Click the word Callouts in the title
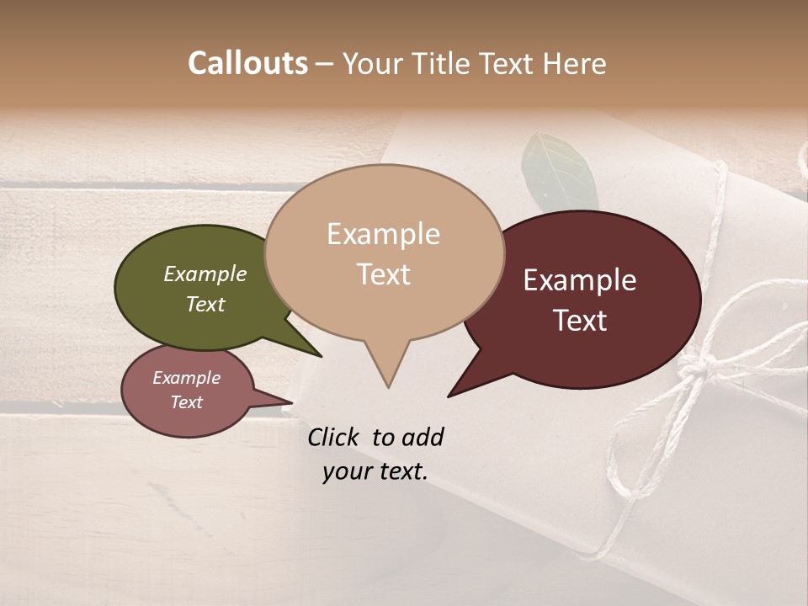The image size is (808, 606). point(247,63)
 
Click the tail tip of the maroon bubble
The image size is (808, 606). point(449,396)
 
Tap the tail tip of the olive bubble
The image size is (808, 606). point(320,356)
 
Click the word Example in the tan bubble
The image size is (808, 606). point(383,234)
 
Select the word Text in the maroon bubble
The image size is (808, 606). point(581,321)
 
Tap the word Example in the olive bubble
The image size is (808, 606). point(205,274)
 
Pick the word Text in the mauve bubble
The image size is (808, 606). point(187,402)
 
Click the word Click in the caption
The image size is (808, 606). point(333,437)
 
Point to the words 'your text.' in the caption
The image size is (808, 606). point(375,472)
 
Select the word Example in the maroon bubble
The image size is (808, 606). point(580,280)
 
